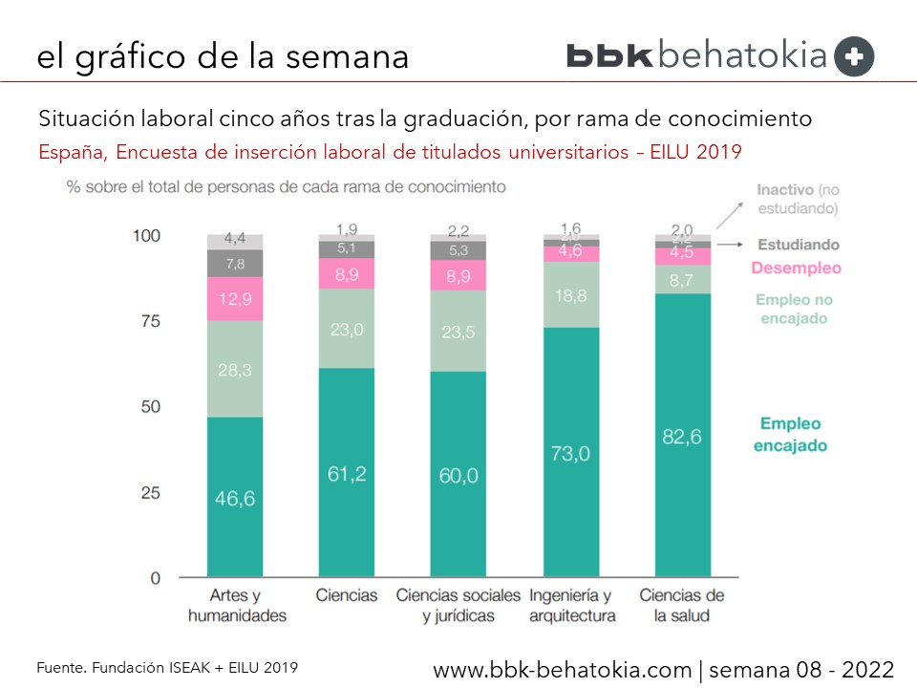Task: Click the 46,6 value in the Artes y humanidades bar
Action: coord(236,499)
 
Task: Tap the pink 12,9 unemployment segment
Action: coord(236,299)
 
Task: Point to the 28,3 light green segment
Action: coord(236,369)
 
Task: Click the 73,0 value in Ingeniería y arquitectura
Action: coord(570,453)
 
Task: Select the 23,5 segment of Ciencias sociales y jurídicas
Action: coord(458,331)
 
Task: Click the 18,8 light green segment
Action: coord(570,294)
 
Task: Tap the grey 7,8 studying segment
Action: coord(236,263)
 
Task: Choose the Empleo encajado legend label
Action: coord(791,434)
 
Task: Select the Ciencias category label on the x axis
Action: coord(347,595)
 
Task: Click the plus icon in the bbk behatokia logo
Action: coord(853,56)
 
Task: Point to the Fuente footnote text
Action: coord(167,668)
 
